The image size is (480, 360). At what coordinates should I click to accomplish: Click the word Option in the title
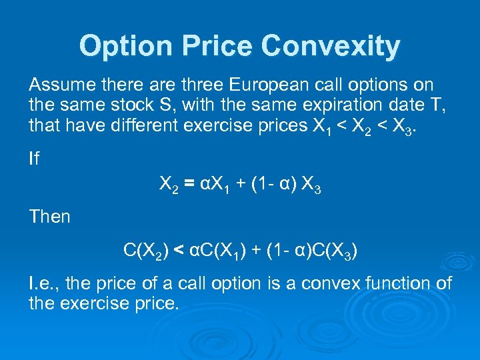pos(118,46)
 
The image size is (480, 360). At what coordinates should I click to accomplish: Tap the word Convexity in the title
pos(331,46)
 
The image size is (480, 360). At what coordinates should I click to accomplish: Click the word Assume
pos(61,85)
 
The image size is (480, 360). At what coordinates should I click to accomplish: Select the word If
pos(33,158)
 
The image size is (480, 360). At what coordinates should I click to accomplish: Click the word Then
pos(49,217)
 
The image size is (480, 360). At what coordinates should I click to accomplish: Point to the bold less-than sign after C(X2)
pos(179,250)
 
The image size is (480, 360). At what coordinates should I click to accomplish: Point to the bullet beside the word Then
pos(21,217)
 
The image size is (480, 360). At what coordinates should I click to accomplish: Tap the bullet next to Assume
pos(21,85)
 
